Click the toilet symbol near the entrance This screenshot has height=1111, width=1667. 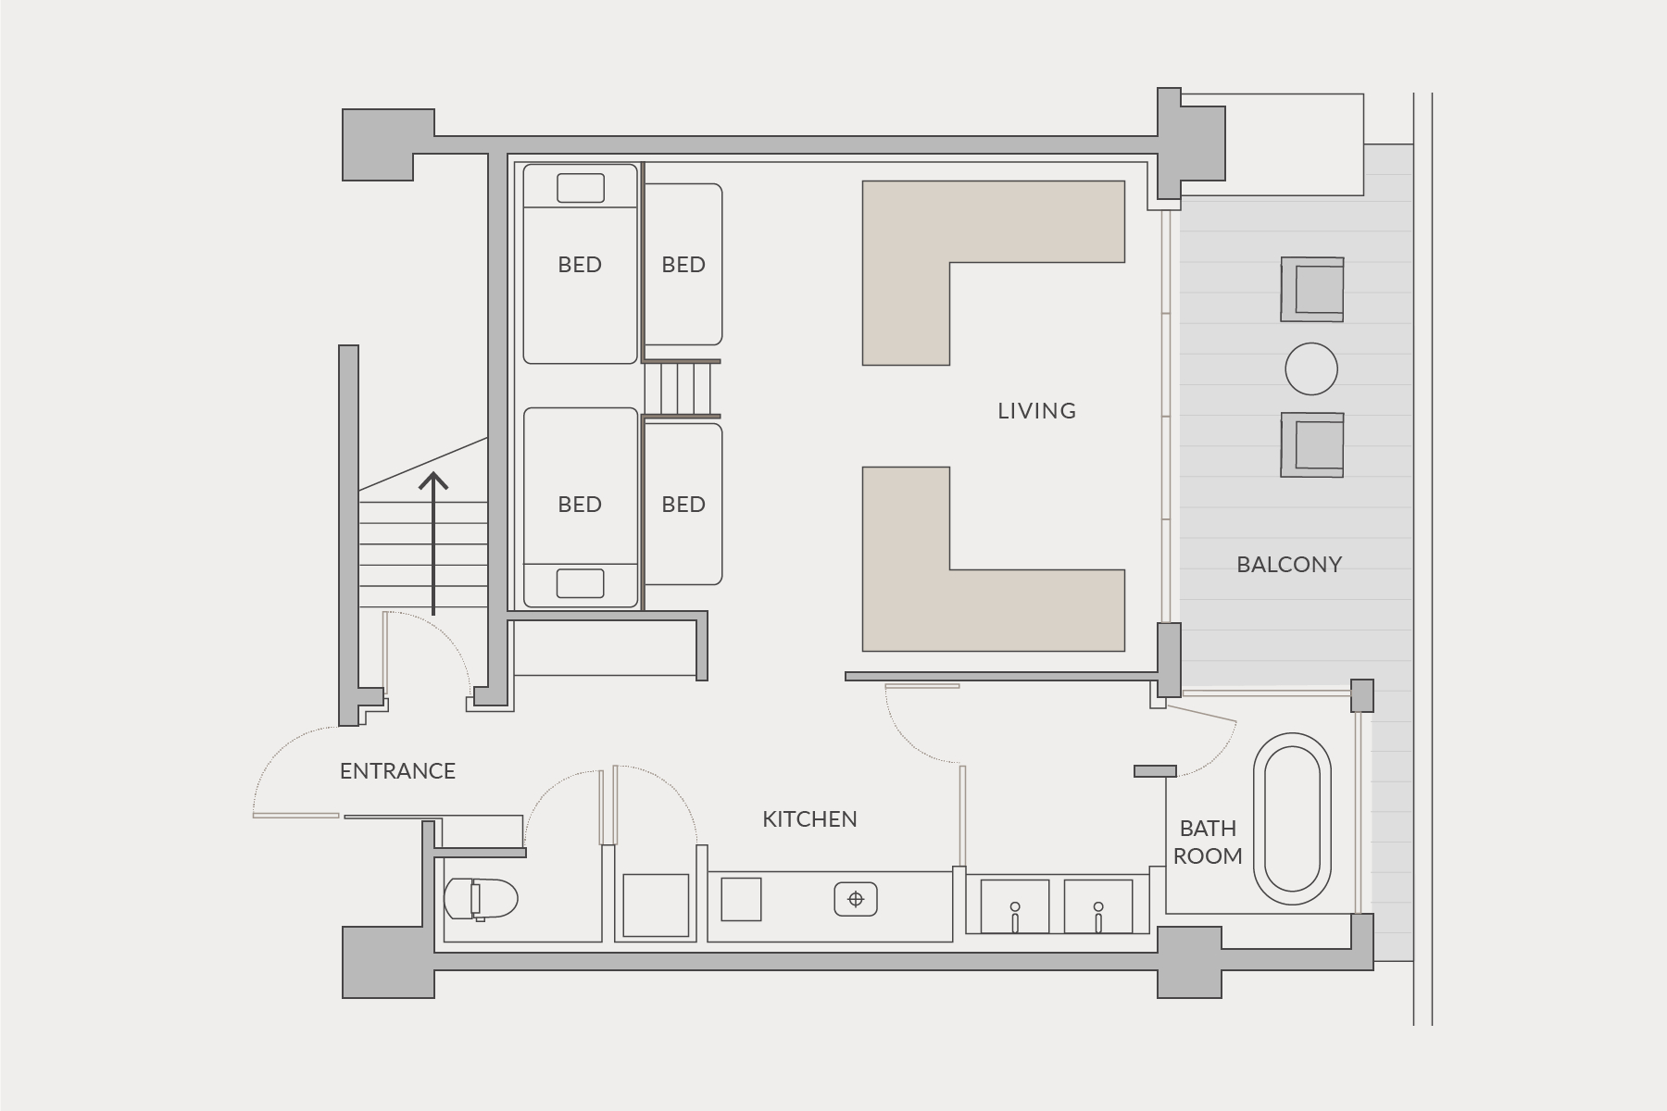pos(481,898)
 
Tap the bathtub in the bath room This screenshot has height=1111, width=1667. pos(1292,818)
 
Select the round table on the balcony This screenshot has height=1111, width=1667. pos(1311,368)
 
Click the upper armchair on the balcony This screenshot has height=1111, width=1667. pos(1312,290)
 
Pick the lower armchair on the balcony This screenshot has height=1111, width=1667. pos(1312,445)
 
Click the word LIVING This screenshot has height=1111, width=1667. pos(1036,411)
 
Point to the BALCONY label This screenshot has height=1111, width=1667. pos(1289,565)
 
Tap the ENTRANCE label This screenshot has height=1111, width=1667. pos(397,771)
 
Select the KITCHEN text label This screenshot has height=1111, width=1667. pos(809,819)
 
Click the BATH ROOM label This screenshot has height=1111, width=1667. pos(1208,843)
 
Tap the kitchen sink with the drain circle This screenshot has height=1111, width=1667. pos(856,899)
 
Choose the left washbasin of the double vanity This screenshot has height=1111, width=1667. pos(1015,906)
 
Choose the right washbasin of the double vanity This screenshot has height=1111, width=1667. pos(1098,906)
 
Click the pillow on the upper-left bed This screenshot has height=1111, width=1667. pos(580,188)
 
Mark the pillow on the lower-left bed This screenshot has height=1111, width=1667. pos(580,583)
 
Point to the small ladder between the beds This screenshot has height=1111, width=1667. pos(682,389)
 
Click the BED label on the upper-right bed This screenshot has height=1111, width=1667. pos(683,265)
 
